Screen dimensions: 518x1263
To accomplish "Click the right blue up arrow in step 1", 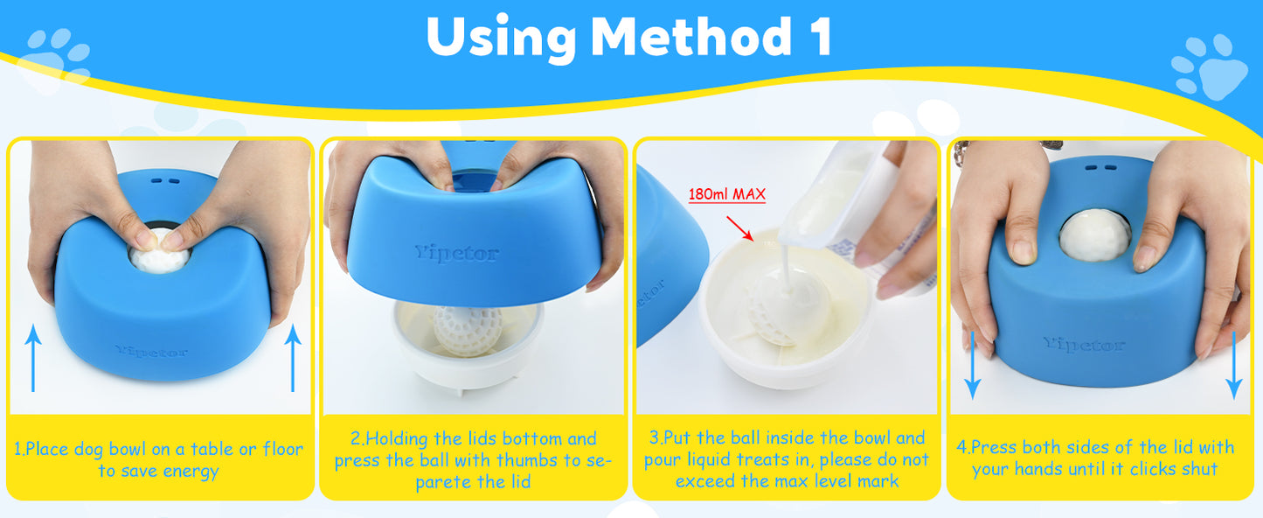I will (292, 357).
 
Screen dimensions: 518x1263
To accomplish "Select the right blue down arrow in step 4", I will (1233, 362).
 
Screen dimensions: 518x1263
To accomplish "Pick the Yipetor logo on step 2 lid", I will (457, 254).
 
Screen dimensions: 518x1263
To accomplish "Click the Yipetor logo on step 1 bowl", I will (150, 351).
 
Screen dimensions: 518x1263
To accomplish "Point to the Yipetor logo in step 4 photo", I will (1084, 345).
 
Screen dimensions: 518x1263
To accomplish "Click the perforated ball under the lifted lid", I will (468, 329).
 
